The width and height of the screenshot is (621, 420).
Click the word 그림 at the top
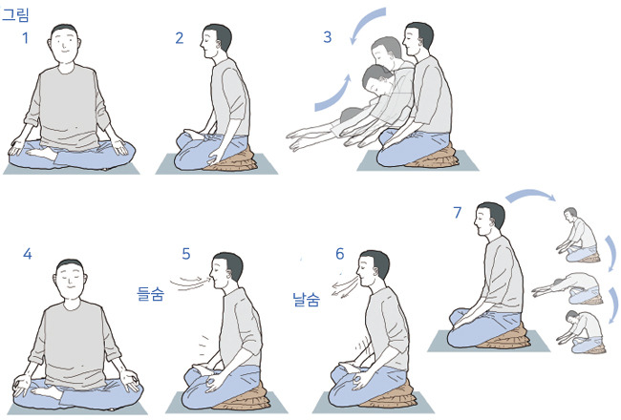click(15, 14)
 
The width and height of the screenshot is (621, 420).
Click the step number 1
click(26, 38)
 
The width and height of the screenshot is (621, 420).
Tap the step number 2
click(180, 38)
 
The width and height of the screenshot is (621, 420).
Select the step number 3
click(327, 37)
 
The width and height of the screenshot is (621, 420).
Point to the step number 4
click(28, 254)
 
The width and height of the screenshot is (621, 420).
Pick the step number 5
click(186, 254)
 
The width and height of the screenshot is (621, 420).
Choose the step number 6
click(340, 254)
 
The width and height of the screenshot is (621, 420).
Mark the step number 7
click(458, 213)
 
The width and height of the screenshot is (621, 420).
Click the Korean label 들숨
click(150, 294)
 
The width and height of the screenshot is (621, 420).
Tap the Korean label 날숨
click(306, 300)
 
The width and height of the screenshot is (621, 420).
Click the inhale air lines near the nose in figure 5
click(190, 283)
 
